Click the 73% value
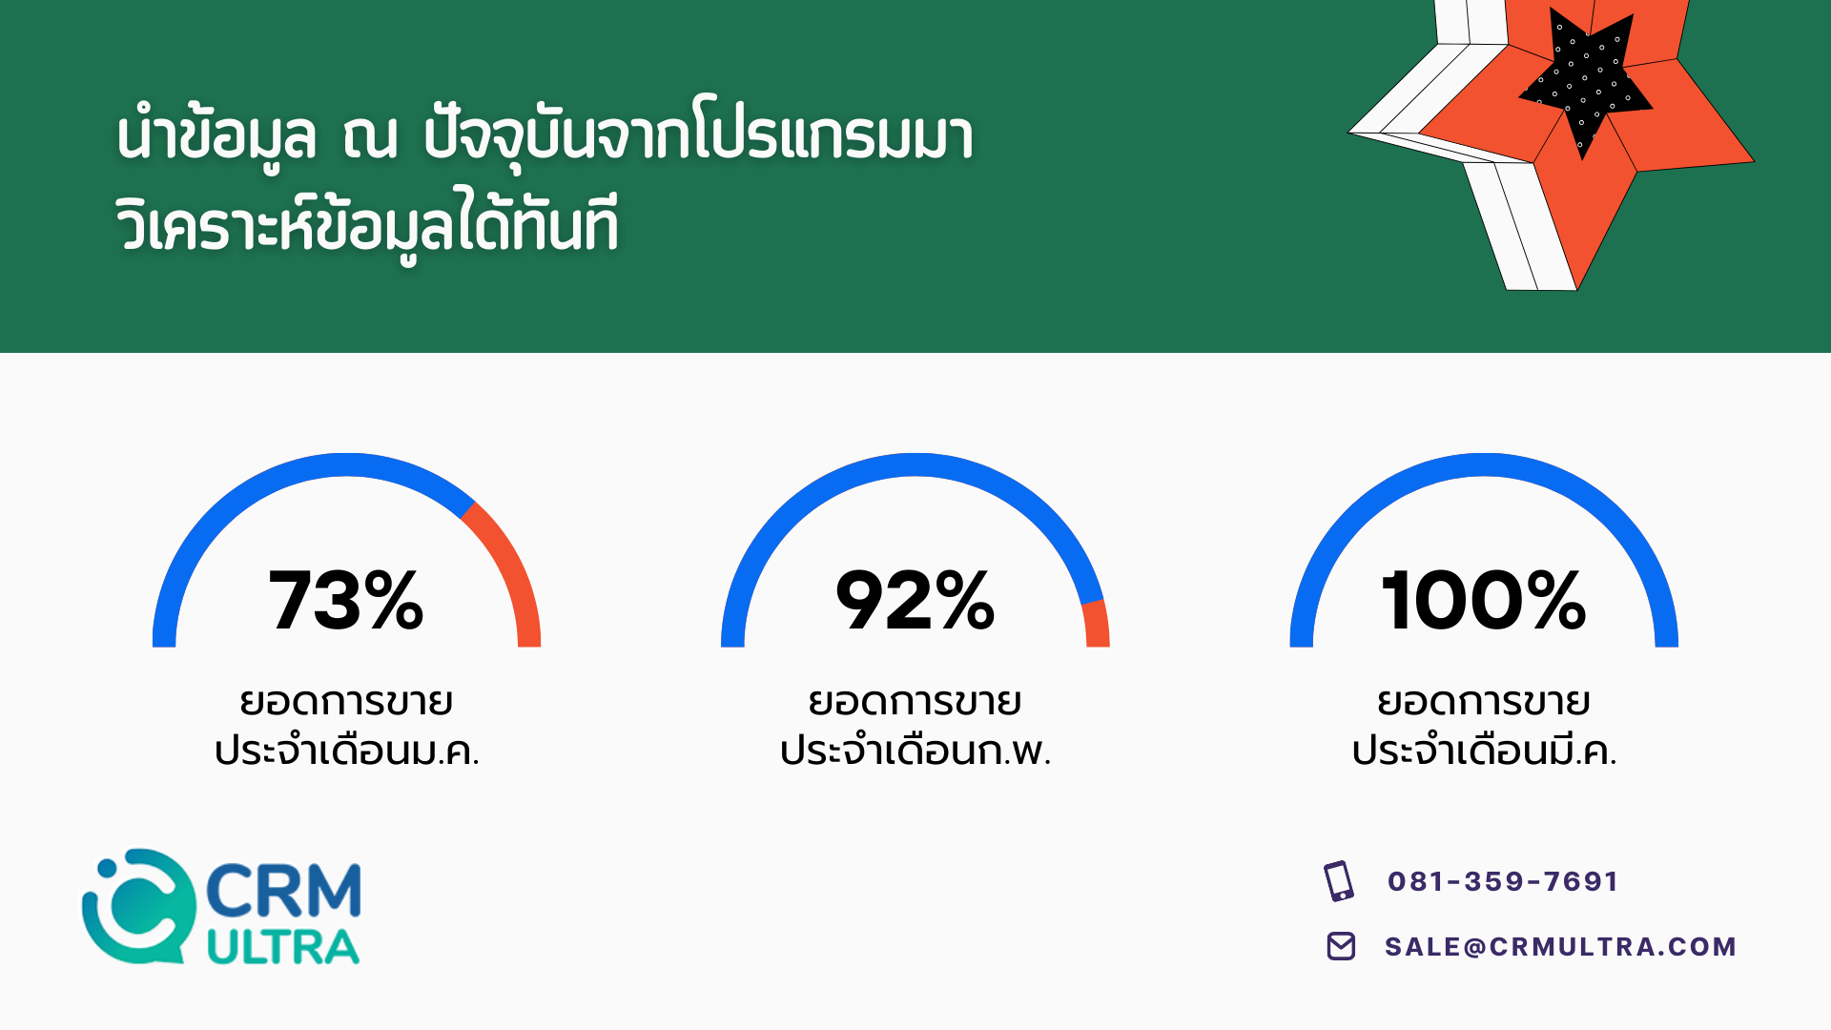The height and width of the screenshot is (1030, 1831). [346, 600]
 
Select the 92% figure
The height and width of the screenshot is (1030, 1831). [915, 600]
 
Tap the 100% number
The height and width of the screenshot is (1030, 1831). [1484, 600]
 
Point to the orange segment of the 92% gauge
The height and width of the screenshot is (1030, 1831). [1097, 623]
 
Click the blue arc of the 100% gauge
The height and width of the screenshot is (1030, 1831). [1484, 464]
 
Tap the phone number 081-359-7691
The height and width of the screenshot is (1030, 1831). [1503, 881]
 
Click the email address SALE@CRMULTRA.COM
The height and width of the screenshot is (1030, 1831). [1560, 946]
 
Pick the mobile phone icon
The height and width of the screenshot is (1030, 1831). [1339, 881]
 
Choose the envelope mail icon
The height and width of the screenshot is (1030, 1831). [1341, 946]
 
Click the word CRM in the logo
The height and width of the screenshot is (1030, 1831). [283, 891]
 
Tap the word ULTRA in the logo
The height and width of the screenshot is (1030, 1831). [283, 947]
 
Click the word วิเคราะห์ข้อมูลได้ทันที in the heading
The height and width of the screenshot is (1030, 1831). [367, 224]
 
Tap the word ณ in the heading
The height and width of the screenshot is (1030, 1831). [370, 136]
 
